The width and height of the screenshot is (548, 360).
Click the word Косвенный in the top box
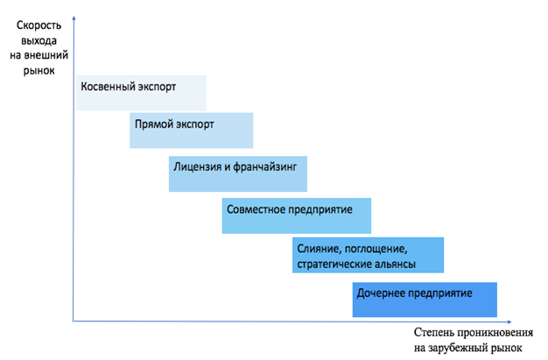tap(108, 87)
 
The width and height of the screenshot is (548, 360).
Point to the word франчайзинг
tap(264, 167)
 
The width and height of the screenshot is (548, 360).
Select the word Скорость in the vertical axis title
tap(39, 25)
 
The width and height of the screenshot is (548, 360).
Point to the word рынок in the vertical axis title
tap(39, 71)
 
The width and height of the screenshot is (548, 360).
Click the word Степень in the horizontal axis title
tap(433, 333)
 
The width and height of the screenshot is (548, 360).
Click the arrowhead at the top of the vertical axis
tap(74, 18)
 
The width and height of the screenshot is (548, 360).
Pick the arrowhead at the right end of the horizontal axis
tap(509, 321)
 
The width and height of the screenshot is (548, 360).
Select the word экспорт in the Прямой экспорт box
tap(194, 124)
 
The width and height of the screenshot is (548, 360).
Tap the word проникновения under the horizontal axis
tap(495, 333)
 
